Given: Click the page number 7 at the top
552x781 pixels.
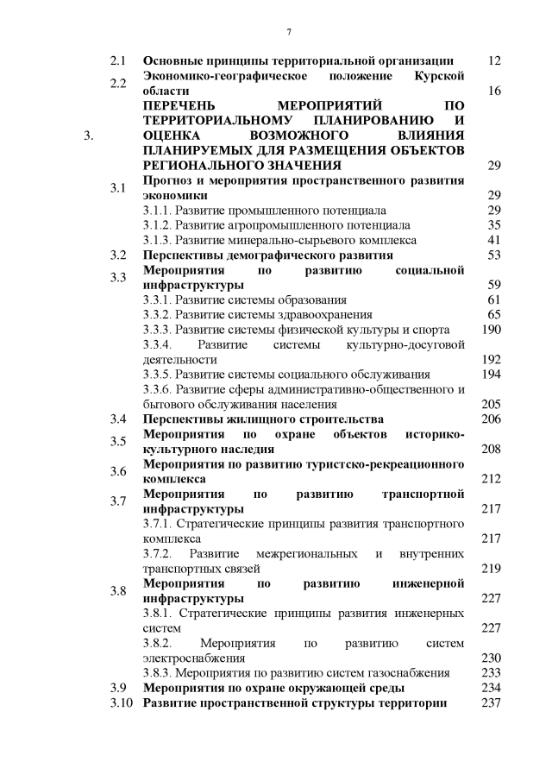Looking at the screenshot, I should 289,32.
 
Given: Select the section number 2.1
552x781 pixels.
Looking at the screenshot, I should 119,61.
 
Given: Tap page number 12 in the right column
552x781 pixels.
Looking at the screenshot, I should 494,61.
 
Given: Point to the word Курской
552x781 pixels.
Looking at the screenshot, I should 440,76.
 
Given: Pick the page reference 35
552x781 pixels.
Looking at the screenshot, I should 494,225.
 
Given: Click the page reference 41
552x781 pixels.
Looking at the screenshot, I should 494,240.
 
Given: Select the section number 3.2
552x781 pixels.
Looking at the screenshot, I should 119,255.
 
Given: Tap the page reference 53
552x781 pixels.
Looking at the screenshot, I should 494,255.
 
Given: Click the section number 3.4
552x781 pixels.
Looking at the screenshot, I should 119,419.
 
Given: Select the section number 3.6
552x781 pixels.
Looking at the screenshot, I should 119,471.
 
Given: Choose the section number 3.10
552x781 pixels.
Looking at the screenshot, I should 122,703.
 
